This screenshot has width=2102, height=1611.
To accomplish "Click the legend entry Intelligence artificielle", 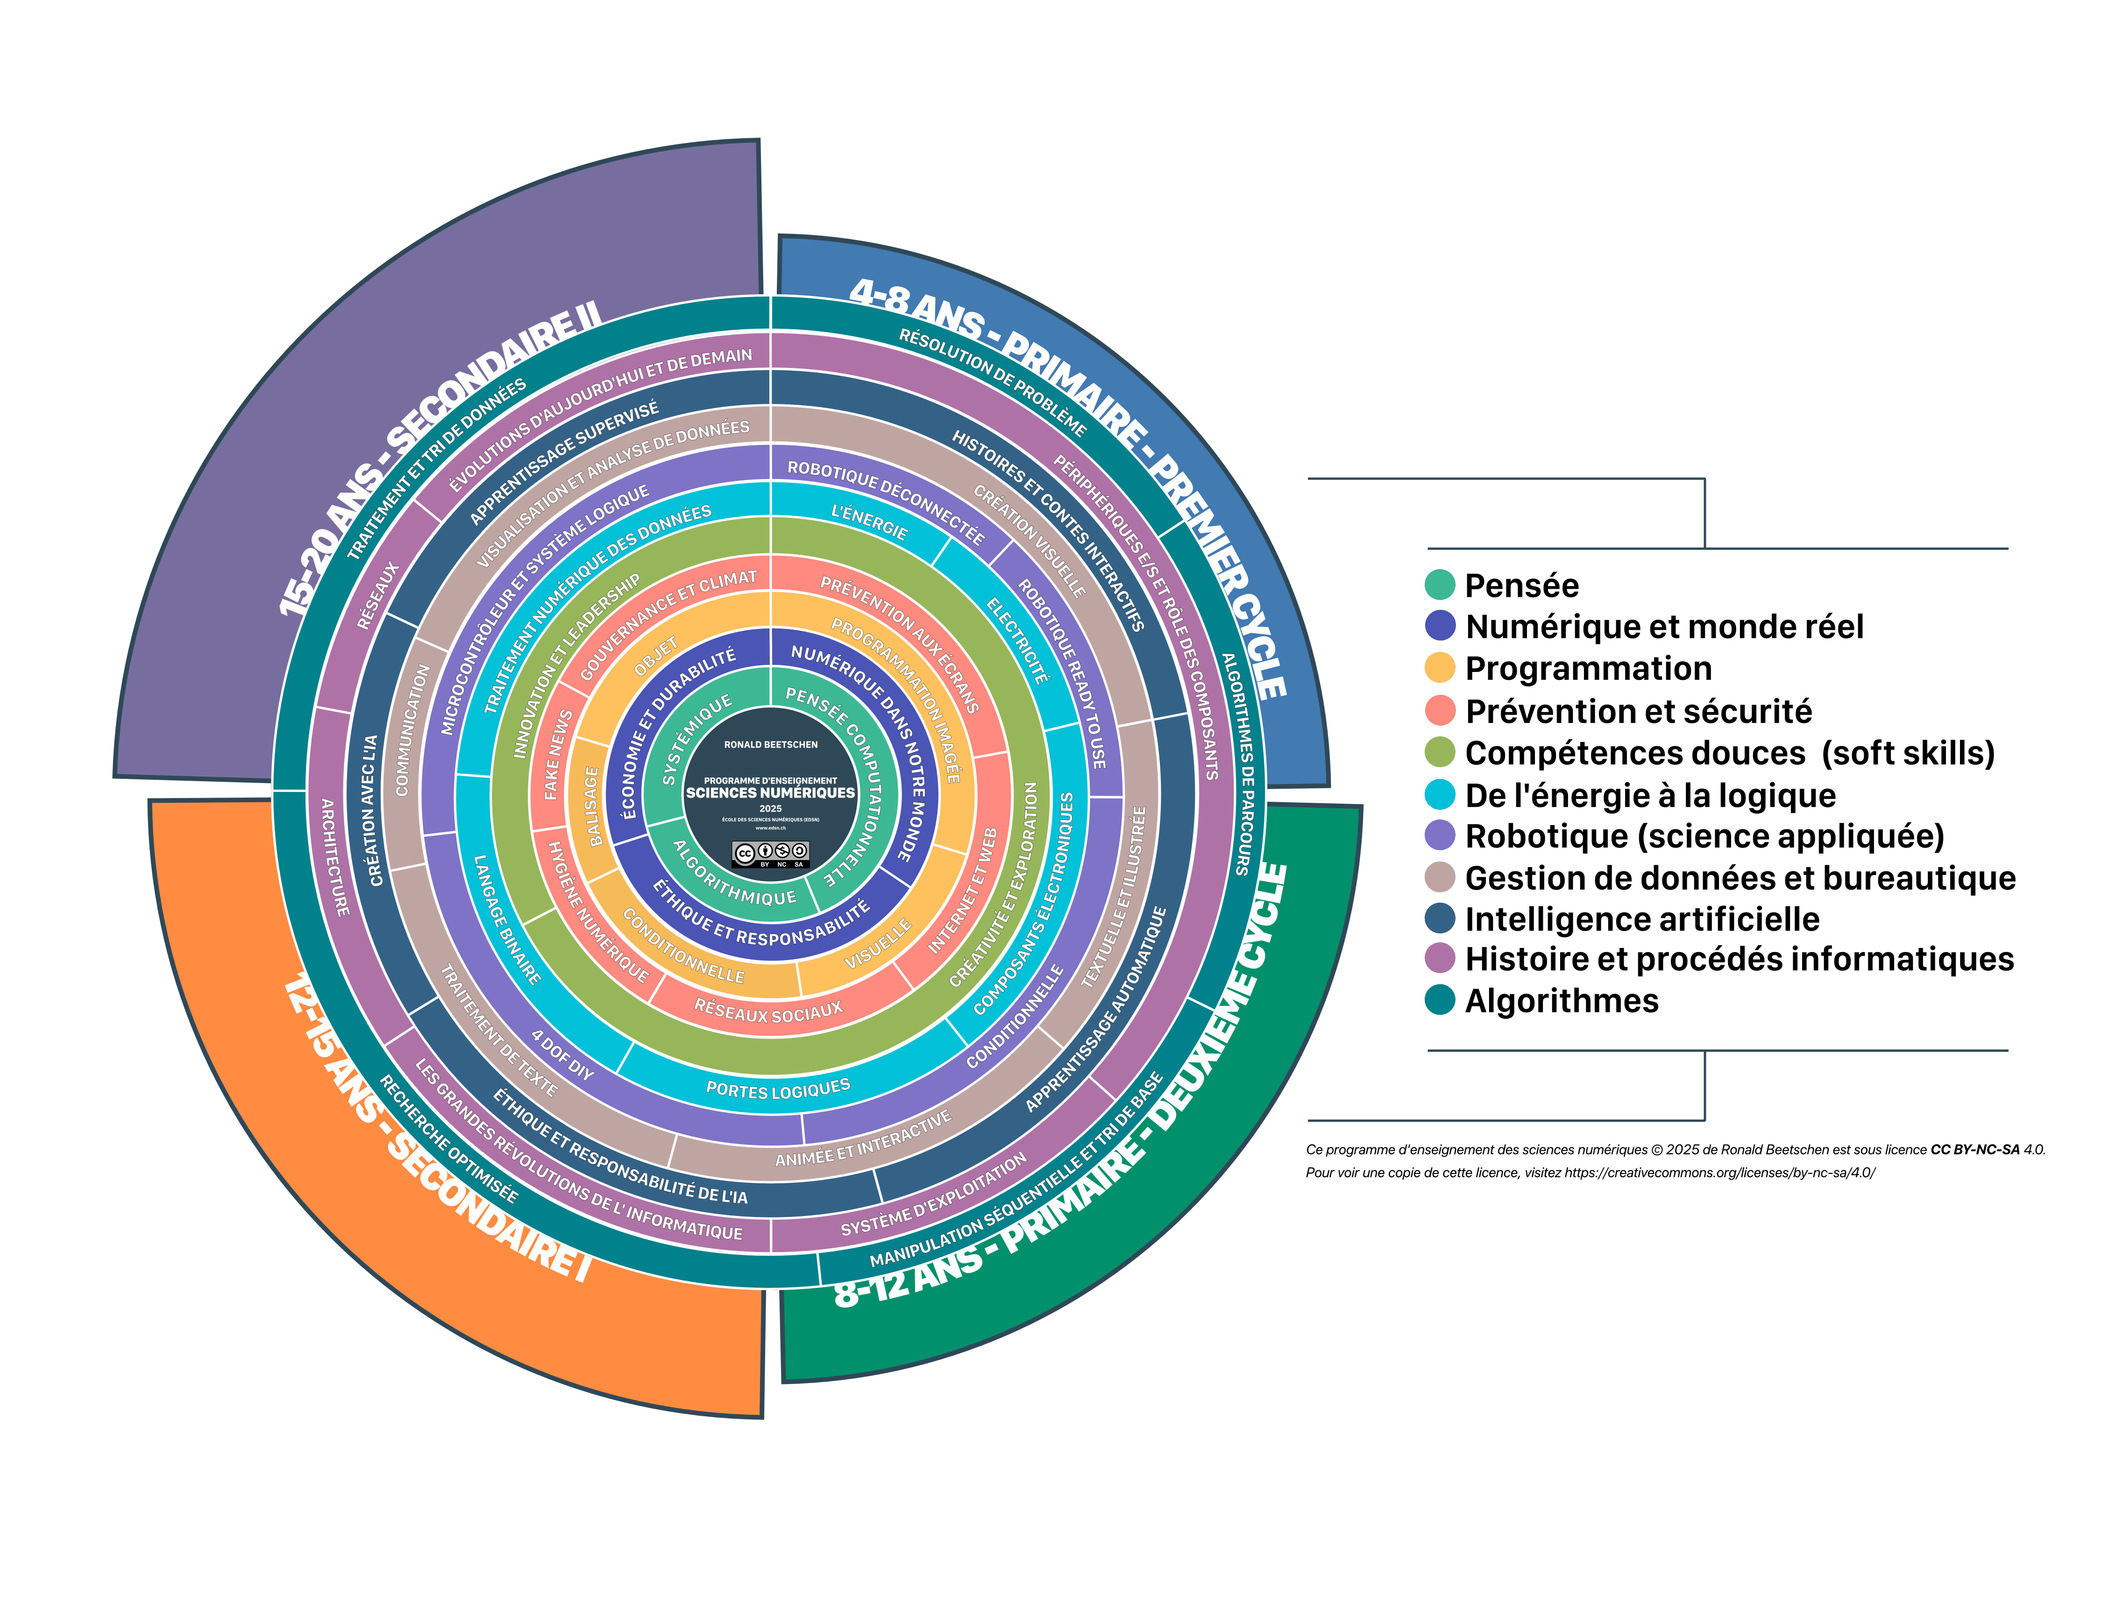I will [x=1641, y=919].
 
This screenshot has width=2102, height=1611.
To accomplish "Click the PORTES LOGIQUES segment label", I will [x=778, y=1088].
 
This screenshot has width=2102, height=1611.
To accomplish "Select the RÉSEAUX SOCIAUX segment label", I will [x=768, y=1010].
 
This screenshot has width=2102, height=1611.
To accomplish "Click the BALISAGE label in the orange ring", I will [x=594, y=805].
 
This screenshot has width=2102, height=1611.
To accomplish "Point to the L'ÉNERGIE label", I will [x=869, y=522].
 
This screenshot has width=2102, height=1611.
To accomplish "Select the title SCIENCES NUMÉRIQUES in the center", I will [x=770, y=793].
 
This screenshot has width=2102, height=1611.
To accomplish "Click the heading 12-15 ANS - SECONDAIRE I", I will [x=437, y=1131].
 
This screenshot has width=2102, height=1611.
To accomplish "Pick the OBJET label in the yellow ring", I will [x=656, y=656].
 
